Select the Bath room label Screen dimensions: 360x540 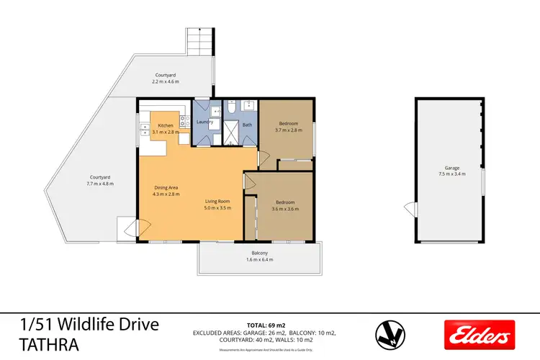click(246, 125)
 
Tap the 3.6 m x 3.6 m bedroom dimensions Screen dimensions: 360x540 click(284, 209)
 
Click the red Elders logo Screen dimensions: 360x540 click(479, 334)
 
